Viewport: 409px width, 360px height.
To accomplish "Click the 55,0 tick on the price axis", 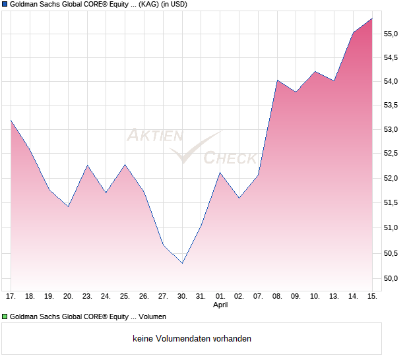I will tap(391, 34).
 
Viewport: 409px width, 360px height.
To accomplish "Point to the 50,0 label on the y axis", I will tap(391, 278).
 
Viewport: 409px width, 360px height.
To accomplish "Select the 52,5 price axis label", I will tap(391, 154).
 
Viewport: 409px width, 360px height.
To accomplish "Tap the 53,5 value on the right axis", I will tap(391, 105).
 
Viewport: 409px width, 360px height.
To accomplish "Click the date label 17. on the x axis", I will tap(11, 297).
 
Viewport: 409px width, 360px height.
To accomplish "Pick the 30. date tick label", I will tap(182, 297).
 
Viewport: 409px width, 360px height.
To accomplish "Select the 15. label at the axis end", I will tap(372, 297).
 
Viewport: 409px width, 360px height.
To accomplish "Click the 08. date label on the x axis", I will tap(277, 297).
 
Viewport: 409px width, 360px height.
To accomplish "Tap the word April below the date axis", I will tap(220, 305).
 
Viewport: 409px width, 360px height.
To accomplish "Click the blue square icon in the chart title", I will tap(5, 5).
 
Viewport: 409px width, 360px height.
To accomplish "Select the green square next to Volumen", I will tap(5, 316).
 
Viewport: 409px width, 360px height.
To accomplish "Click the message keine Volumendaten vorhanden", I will tap(191, 339).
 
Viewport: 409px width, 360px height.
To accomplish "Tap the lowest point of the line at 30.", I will tap(182, 263).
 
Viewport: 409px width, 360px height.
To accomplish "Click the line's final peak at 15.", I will tap(372, 18).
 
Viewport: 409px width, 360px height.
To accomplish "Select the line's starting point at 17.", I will tap(11, 120).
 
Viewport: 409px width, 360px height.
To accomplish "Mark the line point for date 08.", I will tap(277, 80).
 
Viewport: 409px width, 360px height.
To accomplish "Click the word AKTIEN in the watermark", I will tap(154, 136).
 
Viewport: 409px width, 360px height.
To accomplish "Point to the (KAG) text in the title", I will tap(148, 5).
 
